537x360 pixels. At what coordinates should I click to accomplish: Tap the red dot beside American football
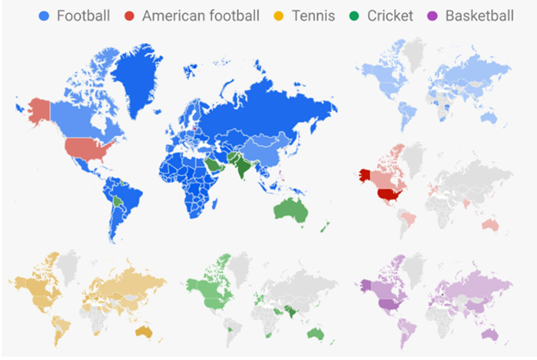tap(129, 16)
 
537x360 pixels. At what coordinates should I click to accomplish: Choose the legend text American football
tap(200, 16)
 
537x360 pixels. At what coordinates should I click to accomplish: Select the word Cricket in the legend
tap(389, 16)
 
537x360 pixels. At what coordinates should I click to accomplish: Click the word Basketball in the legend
tap(479, 16)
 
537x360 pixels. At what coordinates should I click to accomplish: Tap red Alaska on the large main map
tap(39, 110)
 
